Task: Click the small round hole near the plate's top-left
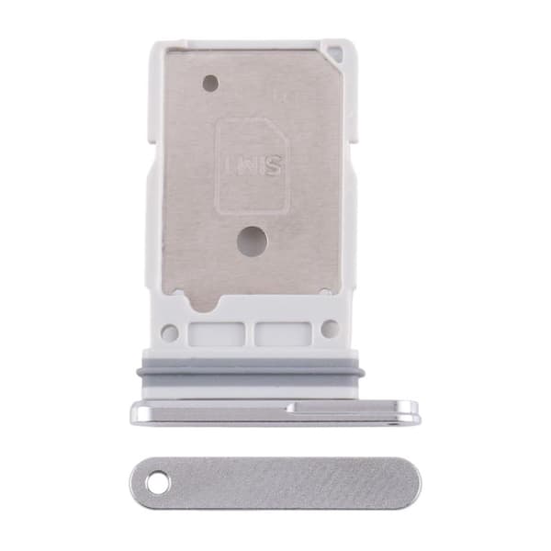click(x=211, y=84)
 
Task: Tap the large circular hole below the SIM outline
click(x=253, y=241)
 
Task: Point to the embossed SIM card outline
click(x=253, y=166)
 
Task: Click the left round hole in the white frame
click(x=169, y=332)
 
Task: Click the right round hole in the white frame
click(x=330, y=329)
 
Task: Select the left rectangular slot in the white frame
click(x=216, y=333)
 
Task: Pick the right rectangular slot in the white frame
click(x=283, y=333)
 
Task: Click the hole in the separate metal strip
click(x=157, y=481)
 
